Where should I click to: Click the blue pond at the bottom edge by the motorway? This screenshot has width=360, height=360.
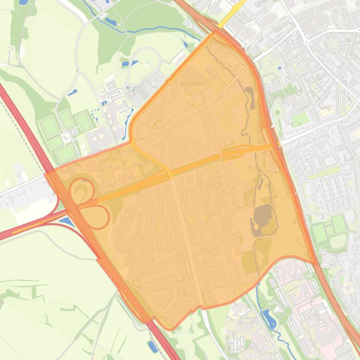[153, 346]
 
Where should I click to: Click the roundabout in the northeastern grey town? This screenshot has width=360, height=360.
[307, 42]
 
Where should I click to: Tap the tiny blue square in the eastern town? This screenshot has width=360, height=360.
[279, 68]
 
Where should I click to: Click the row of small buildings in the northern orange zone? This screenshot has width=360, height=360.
[191, 84]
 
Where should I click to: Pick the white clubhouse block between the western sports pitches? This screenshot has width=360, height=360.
[66, 138]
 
